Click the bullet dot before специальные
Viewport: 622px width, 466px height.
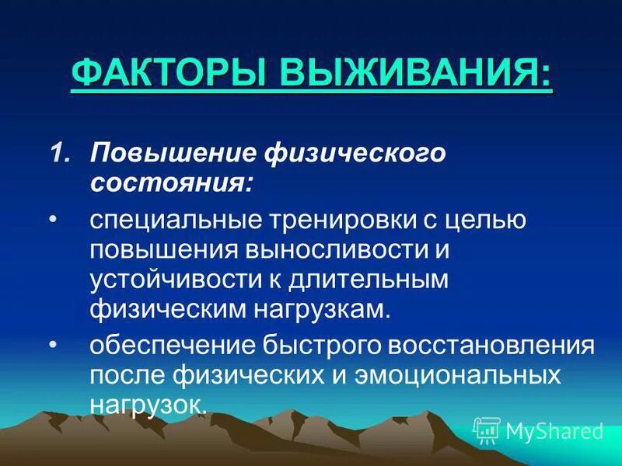tap(54, 221)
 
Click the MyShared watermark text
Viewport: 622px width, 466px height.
tap(554, 430)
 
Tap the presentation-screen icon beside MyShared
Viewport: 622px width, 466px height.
tap(487, 429)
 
